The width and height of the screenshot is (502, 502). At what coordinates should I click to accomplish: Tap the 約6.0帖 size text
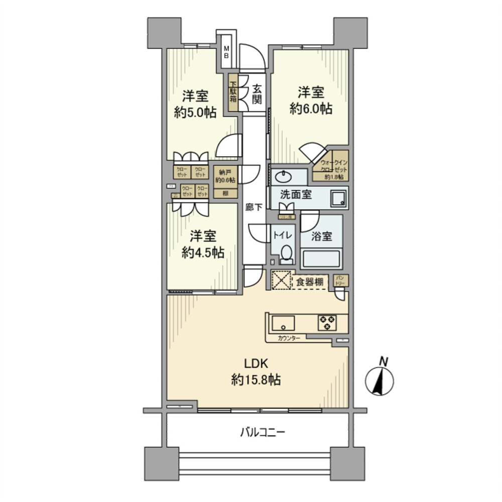(311, 109)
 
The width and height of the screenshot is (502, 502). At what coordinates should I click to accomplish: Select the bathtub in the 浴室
(321, 259)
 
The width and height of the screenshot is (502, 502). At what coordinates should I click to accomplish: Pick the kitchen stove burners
(327, 323)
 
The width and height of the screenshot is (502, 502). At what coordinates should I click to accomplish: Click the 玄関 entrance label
(257, 94)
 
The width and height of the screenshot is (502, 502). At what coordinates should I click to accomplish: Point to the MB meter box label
(226, 52)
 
